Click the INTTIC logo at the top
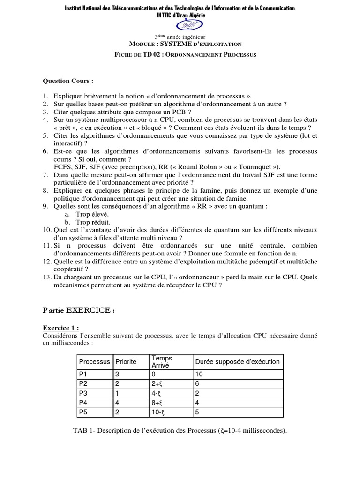[180, 25]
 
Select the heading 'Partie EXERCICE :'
[79, 310]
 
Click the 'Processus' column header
[94, 361]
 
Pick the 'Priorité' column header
[126, 361]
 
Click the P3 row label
[83, 392]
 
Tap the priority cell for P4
[118, 402]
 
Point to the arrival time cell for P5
[159, 412]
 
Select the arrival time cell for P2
[157, 383]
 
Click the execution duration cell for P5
[198, 412]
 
